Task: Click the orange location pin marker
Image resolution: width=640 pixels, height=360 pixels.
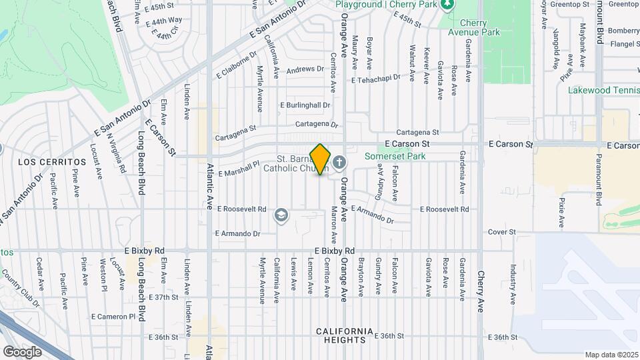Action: click(x=321, y=159)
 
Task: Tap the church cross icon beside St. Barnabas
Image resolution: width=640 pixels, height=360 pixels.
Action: click(x=339, y=161)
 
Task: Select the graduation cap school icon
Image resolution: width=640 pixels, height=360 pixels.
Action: click(x=281, y=215)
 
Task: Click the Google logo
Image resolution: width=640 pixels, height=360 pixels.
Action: click(x=22, y=351)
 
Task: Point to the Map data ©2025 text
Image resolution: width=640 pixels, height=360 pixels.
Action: click(x=612, y=355)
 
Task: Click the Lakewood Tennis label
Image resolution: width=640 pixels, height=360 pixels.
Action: click(x=603, y=90)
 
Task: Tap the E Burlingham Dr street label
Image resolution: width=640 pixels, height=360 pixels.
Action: click(x=305, y=105)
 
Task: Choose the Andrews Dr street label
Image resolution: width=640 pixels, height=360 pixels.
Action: click(x=305, y=69)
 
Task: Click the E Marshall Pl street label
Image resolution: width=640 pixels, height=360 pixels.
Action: click(x=237, y=167)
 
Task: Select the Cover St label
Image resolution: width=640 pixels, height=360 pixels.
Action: click(x=502, y=232)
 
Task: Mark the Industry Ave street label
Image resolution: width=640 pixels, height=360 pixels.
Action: click(x=514, y=281)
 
